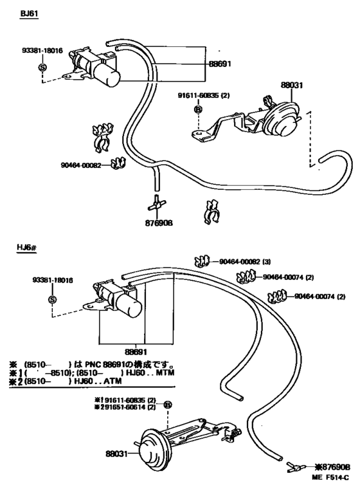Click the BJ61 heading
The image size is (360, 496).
(29, 13)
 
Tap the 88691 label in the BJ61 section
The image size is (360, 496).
(219, 65)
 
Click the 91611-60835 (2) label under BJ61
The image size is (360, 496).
(204, 97)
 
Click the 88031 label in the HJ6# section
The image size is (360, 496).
(118, 454)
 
